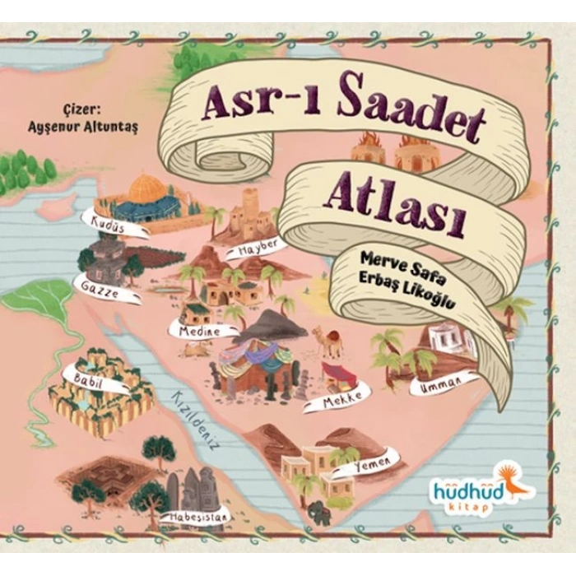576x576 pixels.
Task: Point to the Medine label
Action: pos(194,330)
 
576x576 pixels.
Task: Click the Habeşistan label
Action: pos(196,517)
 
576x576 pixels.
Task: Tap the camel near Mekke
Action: pos(328,340)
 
